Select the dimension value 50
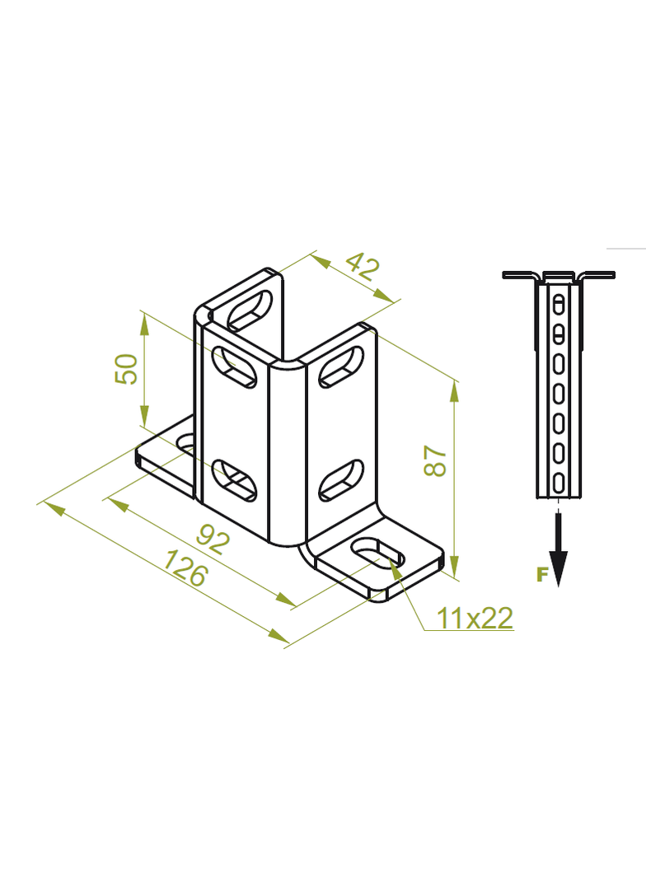click(x=126, y=368)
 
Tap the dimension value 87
click(x=435, y=461)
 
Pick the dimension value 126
click(x=185, y=567)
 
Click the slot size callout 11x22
click(x=475, y=618)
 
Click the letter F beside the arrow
click(x=541, y=575)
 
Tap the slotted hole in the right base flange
click(x=377, y=552)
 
